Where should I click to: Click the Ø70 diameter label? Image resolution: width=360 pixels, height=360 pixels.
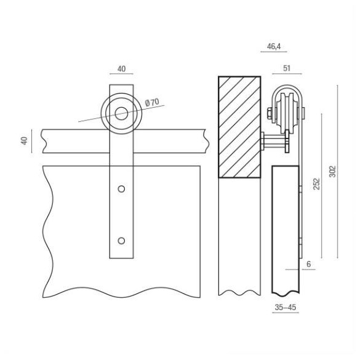[x=152, y=102]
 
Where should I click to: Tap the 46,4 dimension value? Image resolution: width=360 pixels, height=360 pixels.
[x=274, y=47]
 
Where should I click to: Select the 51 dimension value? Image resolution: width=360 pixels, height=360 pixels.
[x=287, y=68]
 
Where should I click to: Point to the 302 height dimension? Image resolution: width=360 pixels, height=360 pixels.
[x=332, y=171]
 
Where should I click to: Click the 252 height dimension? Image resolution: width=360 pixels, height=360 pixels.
[x=316, y=183]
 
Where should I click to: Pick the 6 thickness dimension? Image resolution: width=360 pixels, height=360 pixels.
[x=308, y=264]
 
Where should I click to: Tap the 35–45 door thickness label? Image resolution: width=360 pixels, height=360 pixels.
[x=286, y=307]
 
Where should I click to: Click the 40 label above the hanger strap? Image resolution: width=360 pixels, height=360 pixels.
[x=121, y=69]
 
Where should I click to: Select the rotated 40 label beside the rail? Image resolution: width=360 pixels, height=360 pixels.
[x=24, y=141]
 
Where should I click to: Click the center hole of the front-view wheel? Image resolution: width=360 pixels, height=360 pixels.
[x=121, y=113]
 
